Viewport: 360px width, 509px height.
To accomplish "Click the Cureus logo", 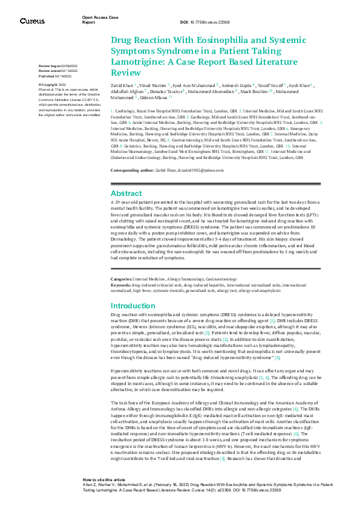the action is pyautogui.click(x=32, y=21).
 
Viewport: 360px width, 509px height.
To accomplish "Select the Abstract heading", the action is pyautogui.click(x=126, y=193).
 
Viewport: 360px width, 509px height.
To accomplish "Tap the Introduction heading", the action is pyautogui.click(x=133, y=306).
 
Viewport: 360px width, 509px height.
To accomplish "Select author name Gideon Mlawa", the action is pyautogui.click(x=154, y=97).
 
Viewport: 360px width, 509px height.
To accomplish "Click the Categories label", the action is pyautogui.click(x=125, y=279).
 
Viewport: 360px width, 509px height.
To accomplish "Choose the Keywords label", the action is pyautogui.click(x=123, y=284).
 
